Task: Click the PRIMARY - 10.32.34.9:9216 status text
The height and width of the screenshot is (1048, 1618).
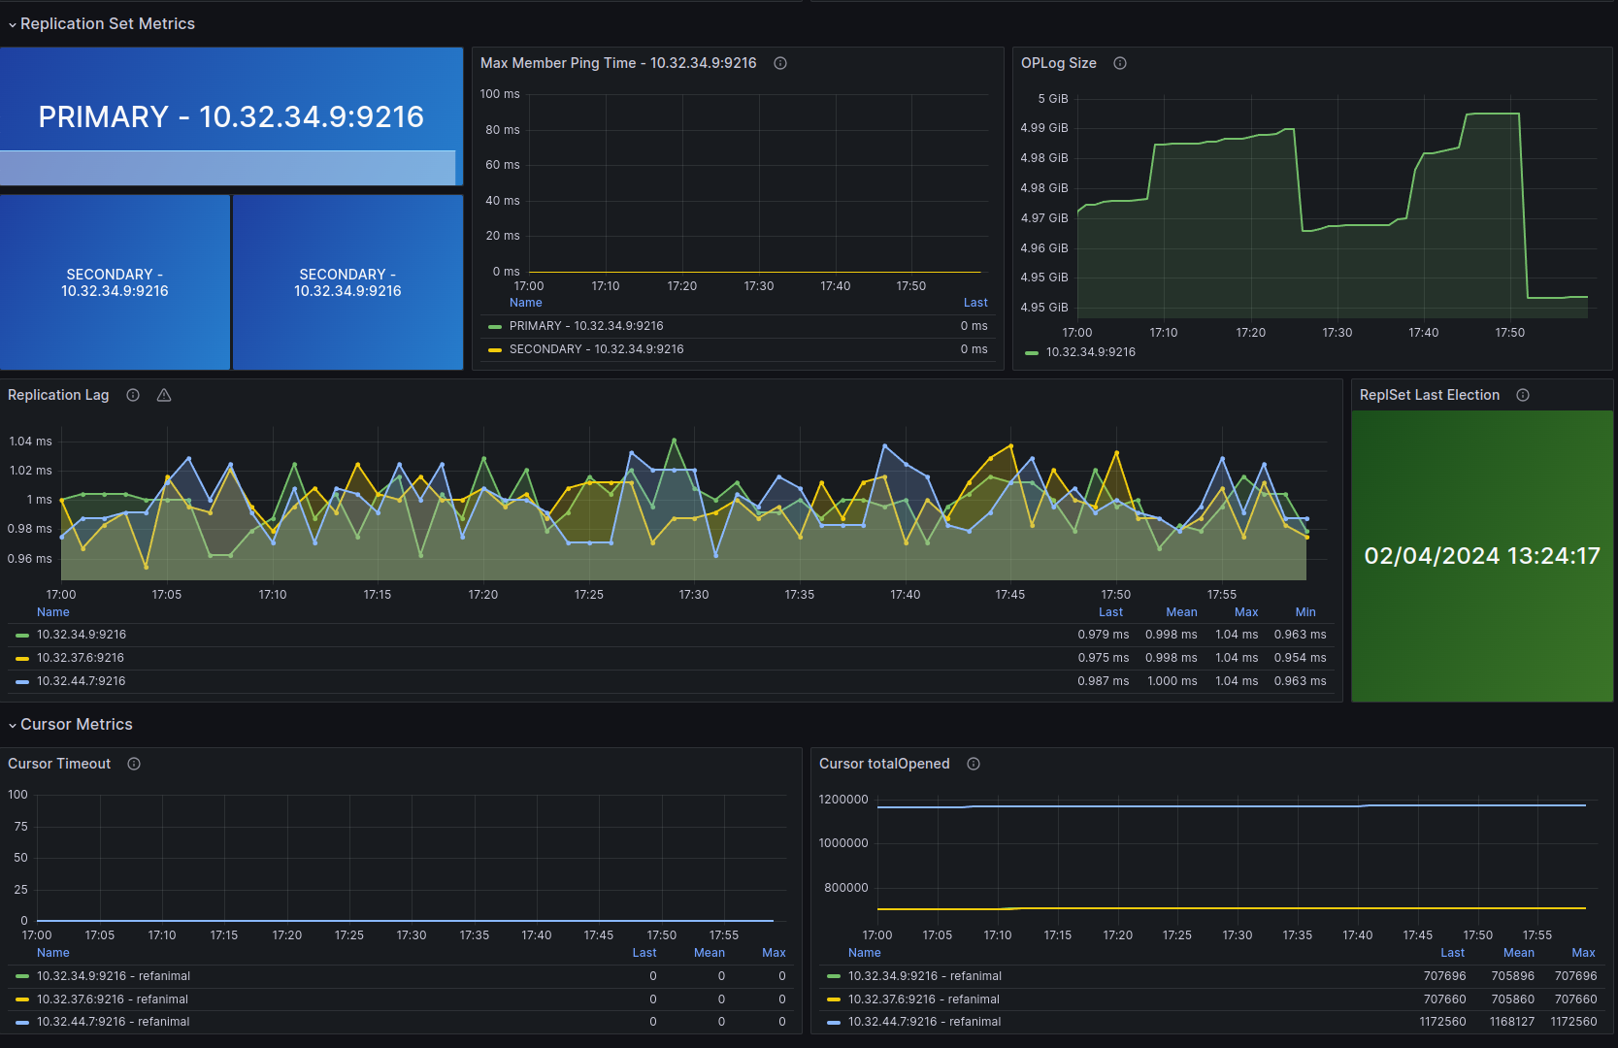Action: click(231, 117)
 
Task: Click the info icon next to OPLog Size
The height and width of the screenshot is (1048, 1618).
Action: click(1120, 63)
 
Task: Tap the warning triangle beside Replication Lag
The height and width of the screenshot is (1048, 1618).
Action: click(164, 395)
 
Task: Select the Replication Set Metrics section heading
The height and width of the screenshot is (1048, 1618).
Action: click(108, 24)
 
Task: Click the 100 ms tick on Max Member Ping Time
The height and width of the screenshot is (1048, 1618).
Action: click(500, 94)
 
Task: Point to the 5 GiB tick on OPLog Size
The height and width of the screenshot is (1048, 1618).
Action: click(1052, 99)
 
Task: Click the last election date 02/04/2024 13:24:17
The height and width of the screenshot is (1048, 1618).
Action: click(1482, 555)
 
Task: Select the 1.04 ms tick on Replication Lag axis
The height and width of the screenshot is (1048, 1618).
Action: click(30, 442)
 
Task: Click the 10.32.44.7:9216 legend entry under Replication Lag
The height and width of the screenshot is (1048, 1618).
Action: click(81, 681)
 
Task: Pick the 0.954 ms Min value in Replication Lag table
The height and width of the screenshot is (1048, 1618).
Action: click(1301, 658)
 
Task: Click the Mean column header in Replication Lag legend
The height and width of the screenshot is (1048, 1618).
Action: click(1182, 612)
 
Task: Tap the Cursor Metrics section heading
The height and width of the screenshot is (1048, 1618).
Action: click(77, 725)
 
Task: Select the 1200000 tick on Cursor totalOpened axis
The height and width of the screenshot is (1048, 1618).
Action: click(843, 800)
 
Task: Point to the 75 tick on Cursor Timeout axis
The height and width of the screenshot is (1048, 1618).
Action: click(21, 826)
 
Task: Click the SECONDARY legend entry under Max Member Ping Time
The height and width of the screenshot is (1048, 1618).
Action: click(597, 349)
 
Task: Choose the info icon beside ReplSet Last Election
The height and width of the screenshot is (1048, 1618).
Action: click(1523, 395)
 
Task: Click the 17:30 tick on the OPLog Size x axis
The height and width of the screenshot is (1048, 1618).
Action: click(1337, 333)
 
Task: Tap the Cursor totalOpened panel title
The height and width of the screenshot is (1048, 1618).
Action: click(884, 764)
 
